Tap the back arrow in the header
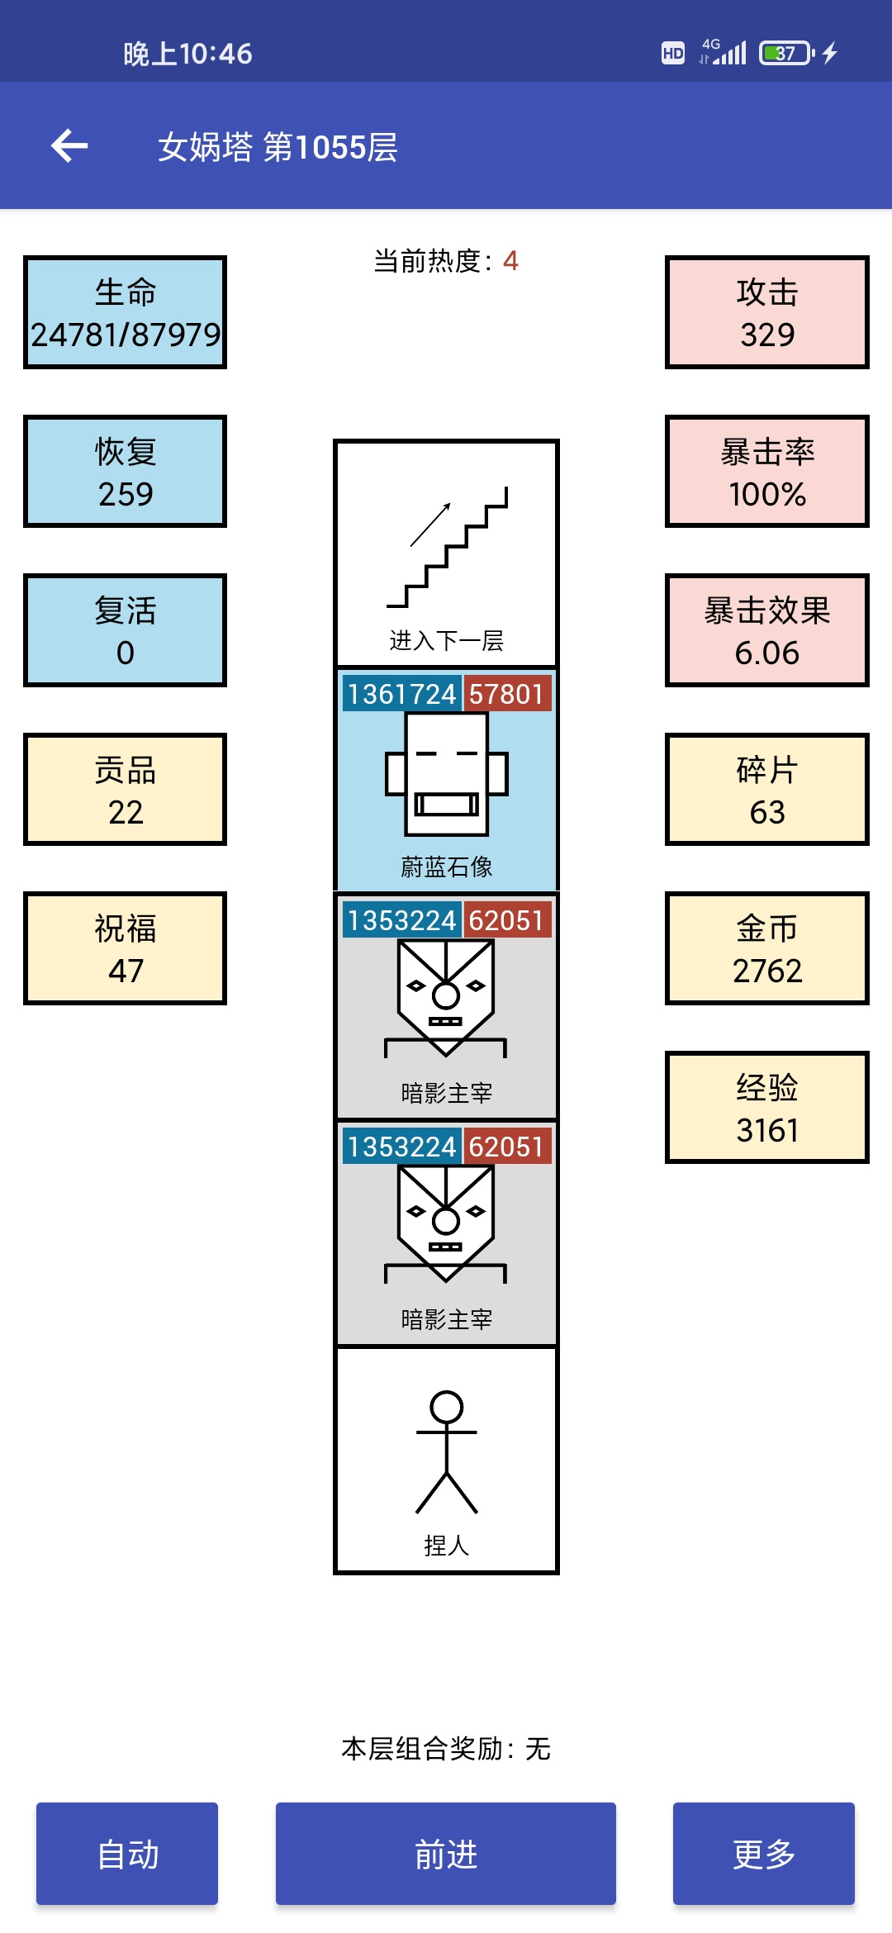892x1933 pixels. pos(69,146)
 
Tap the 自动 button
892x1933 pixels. pos(127,1854)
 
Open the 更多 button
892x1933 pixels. pos(764,1854)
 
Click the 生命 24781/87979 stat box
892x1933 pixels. pos(126,312)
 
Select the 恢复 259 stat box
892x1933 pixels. pos(126,472)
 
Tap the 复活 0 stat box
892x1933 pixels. pos(126,630)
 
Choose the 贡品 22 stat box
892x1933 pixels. pos(126,790)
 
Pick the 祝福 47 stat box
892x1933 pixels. pos(126,948)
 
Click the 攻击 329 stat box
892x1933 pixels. pos(767,312)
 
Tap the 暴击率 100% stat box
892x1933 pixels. pos(767,472)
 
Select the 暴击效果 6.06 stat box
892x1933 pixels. pos(767,630)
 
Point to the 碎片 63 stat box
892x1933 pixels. pos(767,790)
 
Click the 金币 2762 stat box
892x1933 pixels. pos(767,948)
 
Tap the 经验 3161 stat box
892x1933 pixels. pos(767,1108)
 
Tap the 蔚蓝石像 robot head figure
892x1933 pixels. pos(447,775)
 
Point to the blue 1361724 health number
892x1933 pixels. pos(402,694)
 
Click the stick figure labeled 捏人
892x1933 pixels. pos(447,1452)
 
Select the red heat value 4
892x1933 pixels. pos(510,261)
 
